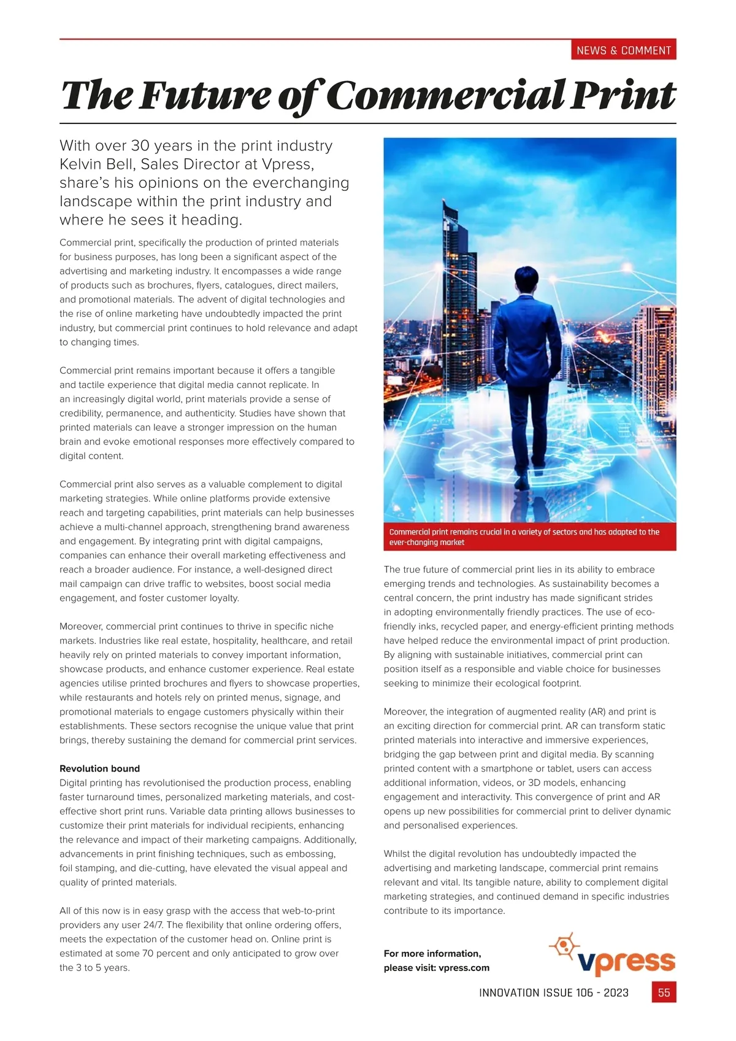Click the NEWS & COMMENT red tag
point(623,50)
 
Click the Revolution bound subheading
point(99,768)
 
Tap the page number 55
point(664,993)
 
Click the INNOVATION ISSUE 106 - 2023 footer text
point(553,993)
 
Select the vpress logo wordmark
point(626,962)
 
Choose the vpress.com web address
point(464,968)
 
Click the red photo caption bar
point(529,537)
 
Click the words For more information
point(432,953)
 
